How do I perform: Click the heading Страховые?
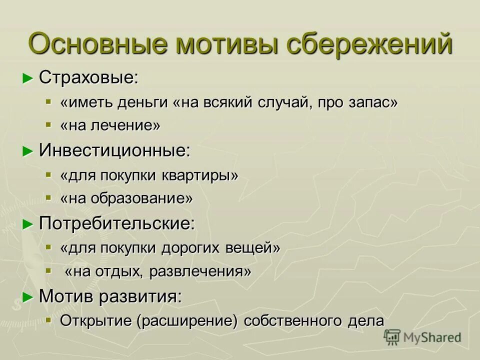pos(88,77)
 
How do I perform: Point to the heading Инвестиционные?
pos(115,150)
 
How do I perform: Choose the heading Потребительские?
pos(117,223)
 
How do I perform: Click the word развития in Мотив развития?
pos(140,296)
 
